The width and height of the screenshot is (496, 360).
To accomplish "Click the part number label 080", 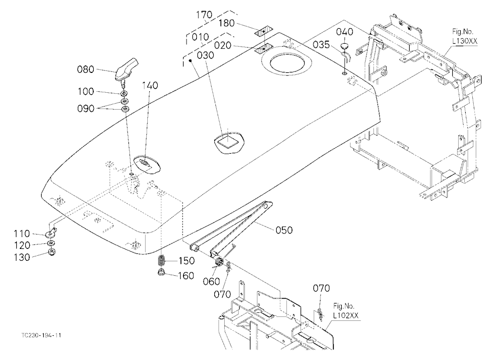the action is point(86,69).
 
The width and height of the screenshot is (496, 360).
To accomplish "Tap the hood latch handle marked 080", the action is point(127,69).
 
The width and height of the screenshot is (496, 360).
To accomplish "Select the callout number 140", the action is point(150,85).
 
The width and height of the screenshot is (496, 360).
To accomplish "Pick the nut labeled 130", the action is point(50,252).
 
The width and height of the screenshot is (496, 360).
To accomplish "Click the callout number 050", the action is point(284,230).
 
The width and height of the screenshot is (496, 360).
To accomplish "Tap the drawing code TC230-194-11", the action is point(41,335).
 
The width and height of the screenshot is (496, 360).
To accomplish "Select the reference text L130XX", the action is point(464,41).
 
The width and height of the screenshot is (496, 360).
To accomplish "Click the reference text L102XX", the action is point(346,316).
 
